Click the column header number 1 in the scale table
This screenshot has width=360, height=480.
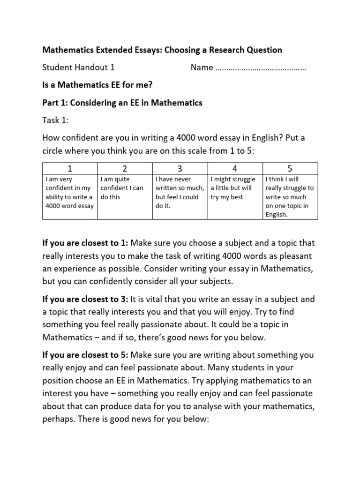point(69,168)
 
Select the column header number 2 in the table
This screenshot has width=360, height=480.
point(125,168)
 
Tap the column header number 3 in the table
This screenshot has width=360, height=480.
point(180,168)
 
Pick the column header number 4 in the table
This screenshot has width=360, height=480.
point(235,168)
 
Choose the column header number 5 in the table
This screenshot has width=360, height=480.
point(291,168)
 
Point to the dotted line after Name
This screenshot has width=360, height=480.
point(261,68)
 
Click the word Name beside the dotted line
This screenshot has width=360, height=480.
point(202,67)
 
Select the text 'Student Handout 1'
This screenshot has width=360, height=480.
point(79,67)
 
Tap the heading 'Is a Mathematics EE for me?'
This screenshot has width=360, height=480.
point(97,85)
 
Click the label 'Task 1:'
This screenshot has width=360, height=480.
point(55,120)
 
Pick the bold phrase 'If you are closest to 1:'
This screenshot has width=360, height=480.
point(85,243)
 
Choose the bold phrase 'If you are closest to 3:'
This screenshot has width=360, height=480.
point(85,299)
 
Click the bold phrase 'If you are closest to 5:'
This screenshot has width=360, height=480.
point(85,355)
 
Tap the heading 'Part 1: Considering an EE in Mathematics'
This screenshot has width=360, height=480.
point(122,103)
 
